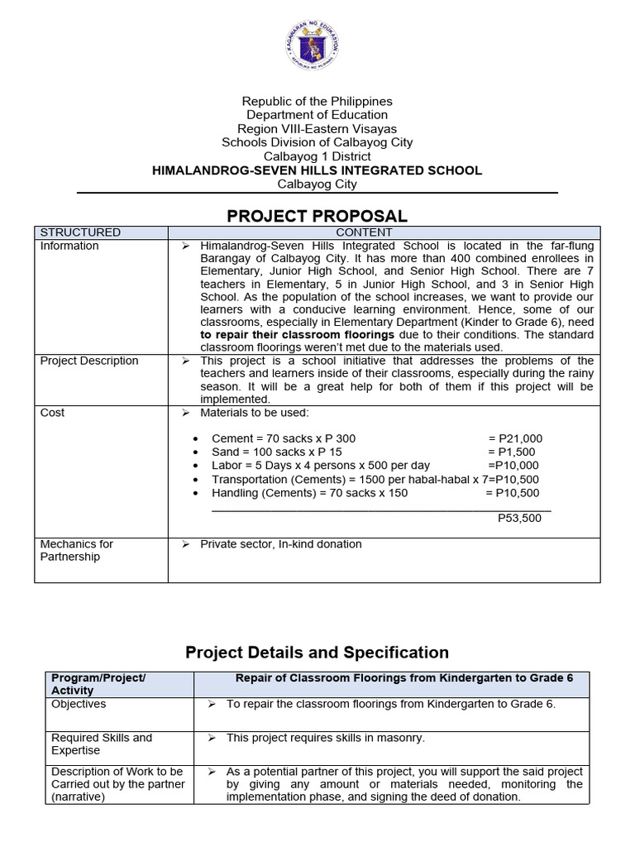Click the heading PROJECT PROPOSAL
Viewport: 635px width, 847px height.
(x=317, y=216)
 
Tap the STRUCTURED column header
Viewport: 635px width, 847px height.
(x=80, y=232)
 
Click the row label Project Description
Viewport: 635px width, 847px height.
(x=89, y=361)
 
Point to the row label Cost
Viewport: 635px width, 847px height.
(x=52, y=412)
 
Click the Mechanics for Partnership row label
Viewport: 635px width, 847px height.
(x=76, y=550)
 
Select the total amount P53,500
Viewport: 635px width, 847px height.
(x=519, y=518)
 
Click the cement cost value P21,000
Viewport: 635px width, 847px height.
(x=515, y=438)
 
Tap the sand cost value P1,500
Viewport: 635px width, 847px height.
(x=512, y=452)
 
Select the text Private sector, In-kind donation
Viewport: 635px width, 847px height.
(x=281, y=544)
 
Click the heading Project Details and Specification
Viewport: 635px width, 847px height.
(x=317, y=653)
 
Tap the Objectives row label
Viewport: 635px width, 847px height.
(x=79, y=704)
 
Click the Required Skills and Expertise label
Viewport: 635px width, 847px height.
(x=101, y=744)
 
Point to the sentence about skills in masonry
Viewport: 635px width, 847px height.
(x=326, y=738)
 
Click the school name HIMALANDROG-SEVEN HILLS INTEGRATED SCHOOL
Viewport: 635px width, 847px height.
(x=317, y=170)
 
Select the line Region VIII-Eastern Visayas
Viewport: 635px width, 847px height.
(x=317, y=128)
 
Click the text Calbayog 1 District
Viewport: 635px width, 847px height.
(x=317, y=156)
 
